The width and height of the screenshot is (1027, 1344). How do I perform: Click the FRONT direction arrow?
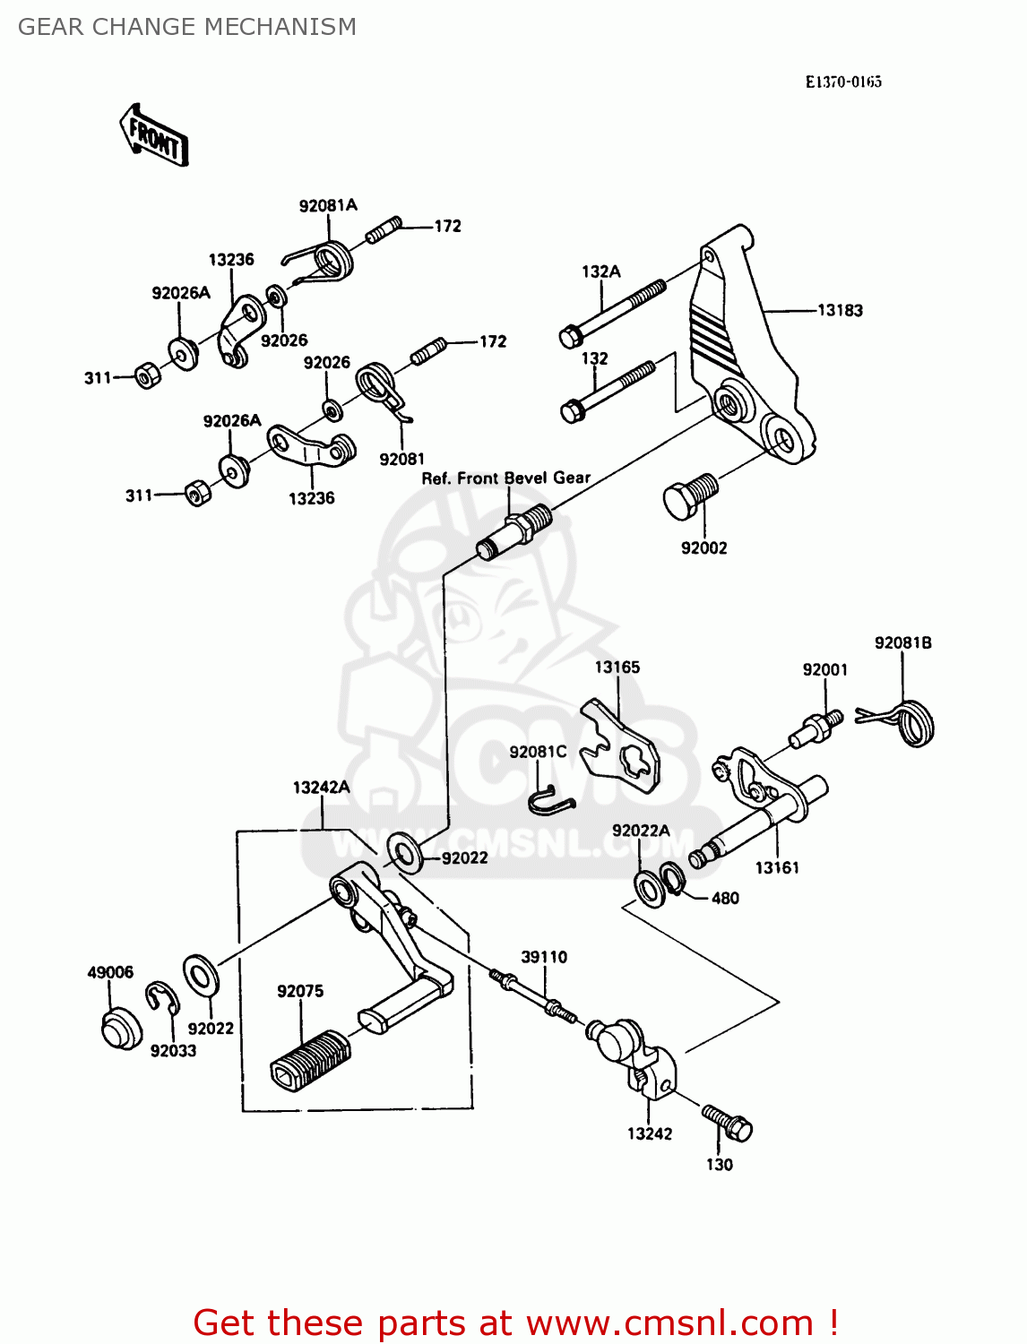click(154, 136)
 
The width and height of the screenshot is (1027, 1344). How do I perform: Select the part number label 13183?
click(840, 311)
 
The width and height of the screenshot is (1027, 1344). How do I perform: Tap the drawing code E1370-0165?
click(842, 82)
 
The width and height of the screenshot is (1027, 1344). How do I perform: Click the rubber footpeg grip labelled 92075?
click(309, 1060)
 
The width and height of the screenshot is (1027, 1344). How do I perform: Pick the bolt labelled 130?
click(728, 1122)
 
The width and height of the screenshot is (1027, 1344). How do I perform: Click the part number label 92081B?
click(902, 642)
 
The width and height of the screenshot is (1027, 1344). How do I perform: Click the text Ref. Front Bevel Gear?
click(505, 478)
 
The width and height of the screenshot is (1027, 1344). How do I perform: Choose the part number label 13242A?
click(321, 788)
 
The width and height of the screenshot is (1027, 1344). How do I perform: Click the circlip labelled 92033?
click(163, 998)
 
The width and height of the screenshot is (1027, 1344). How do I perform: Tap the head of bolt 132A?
click(570, 337)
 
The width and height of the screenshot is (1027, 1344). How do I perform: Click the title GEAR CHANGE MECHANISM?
click(186, 27)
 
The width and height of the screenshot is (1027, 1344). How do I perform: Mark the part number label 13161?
click(776, 867)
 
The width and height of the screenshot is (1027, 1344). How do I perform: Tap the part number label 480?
click(725, 898)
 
